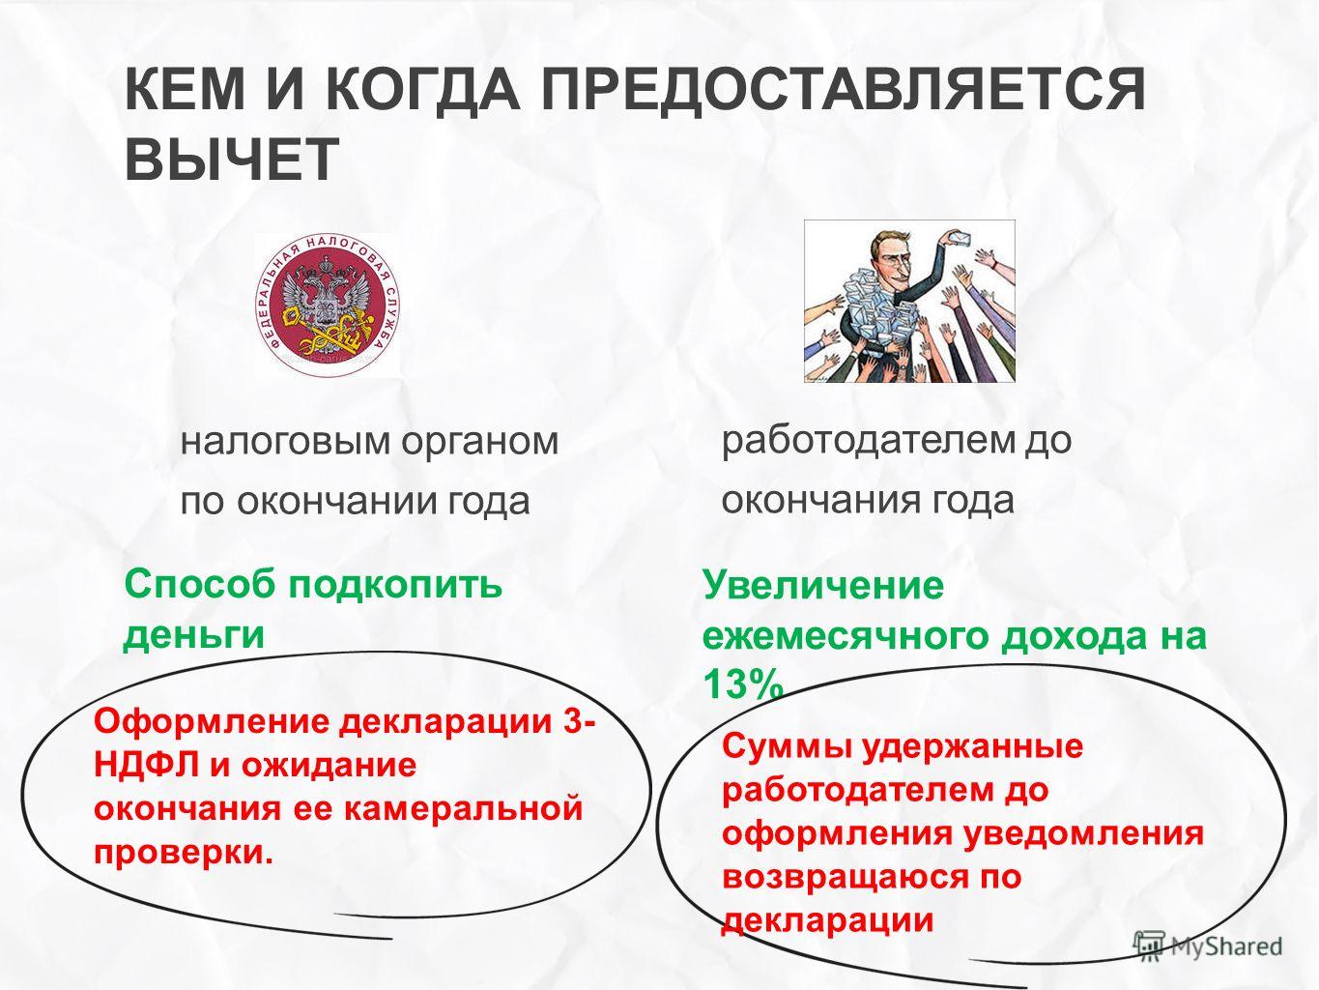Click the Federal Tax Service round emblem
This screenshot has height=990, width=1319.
coord(329,306)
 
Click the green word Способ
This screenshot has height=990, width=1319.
coord(201,584)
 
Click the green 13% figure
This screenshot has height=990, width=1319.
coord(743,684)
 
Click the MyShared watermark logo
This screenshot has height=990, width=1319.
coord(1207,946)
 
